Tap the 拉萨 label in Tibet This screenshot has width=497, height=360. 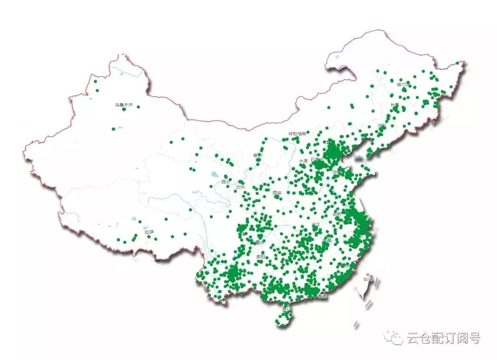[149, 232]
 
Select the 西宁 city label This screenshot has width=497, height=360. [225, 182]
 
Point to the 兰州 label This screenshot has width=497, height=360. [240, 187]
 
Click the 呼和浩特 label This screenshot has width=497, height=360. [297, 134]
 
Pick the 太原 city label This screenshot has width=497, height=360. [303, 161]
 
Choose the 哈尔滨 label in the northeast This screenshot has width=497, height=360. [403, 85]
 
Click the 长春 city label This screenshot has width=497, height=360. [395, 105]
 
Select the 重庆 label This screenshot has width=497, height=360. [260, 242]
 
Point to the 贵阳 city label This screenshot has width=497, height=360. [260, 257]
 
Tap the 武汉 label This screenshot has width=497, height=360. [316, 225]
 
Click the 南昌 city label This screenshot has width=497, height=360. [327, 240]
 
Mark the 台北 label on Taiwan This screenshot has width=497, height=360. [368, 279]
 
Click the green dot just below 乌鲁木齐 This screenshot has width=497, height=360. [124, 109]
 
